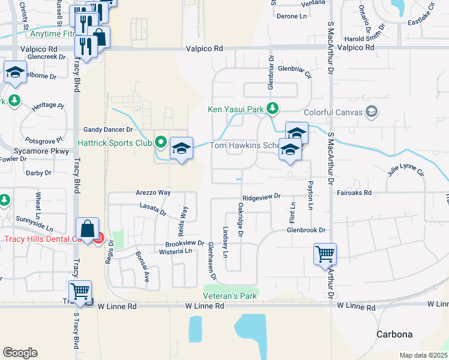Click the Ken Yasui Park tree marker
(x=273, y=109)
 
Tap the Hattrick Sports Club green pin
(x=160, y=143)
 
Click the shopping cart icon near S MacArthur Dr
(x=325, y=254)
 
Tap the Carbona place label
(x=394, y=334)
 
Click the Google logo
(x=20, y=353)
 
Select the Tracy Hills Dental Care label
(x=42, y=239)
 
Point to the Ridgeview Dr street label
(x=262, y=196)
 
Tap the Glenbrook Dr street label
(x=306, y=230)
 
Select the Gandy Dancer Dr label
(x=108, y=130)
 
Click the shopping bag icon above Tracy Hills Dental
(x=88, y=228)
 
